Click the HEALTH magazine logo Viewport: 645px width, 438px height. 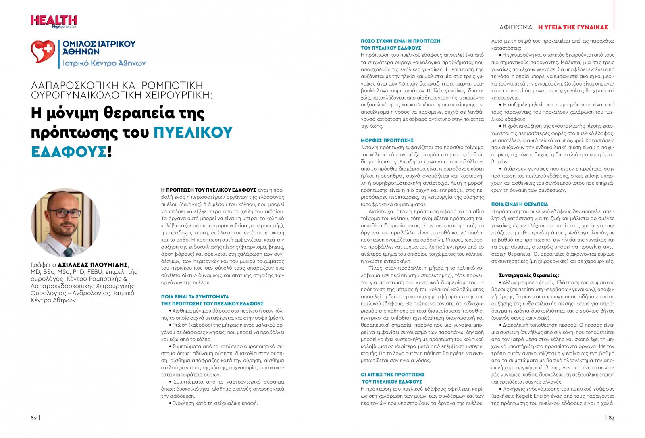[x=54, y=21]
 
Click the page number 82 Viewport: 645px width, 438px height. [x=34, y=418]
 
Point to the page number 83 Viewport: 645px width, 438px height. [x=612, y=418]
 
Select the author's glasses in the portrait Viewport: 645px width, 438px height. [x=64, y=213]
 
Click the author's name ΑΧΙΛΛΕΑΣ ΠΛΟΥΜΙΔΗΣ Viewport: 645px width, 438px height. [x=93, y=265]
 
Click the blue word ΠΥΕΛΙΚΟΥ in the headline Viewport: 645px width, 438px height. [x=193, y=132]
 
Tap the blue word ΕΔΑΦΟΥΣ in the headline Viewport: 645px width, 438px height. [x=69, y=152]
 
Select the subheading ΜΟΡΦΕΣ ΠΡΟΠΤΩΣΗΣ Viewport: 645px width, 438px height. [x=387, y=140]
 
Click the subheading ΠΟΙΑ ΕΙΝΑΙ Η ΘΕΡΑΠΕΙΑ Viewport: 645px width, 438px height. [x=520, y=204]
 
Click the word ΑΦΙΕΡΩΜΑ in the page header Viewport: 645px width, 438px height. [x=516, y=27]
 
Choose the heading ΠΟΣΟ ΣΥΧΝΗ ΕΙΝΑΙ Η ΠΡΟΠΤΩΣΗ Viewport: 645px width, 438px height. [x=400, y=41]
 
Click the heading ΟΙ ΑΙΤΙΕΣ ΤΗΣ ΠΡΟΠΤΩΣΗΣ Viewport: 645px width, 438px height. [x=393, y=375]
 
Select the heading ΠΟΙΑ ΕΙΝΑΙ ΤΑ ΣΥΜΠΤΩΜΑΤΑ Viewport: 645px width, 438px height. [x=195, y=296]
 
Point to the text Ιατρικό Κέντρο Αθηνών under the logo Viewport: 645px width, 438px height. [x=104, y=63]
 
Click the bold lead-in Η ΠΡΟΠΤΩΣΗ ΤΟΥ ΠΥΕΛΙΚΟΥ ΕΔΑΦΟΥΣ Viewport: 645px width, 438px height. [x=208, y=190]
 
